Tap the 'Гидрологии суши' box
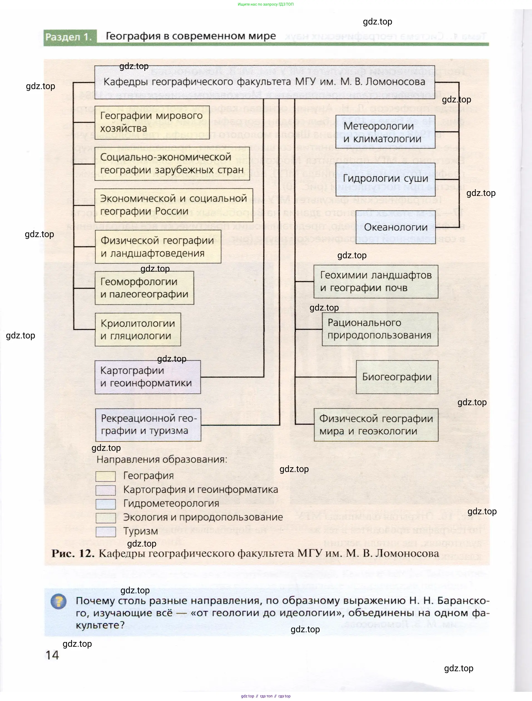point(385,179)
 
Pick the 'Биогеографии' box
point(397,377)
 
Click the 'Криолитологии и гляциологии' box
point(138,329)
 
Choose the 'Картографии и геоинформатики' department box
point(148,377)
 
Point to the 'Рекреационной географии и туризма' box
point(148,425)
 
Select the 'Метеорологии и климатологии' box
point(385,132)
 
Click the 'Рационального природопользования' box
point(380,329)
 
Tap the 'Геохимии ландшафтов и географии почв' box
point(375,282)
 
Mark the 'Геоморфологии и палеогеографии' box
point(144,288)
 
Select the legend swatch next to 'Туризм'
point(106,532)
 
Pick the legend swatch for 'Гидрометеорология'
point(106,504)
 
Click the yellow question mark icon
point(59,602)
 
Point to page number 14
point(52,655)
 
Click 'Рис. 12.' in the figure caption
point(73,553)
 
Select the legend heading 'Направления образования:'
point(162,459)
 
